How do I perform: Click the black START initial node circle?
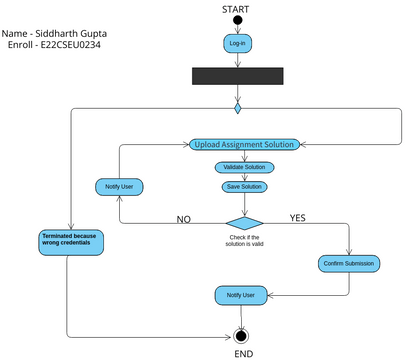pyautogui.click(x=238, y=20)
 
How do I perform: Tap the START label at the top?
pyautogui.click(x=238, y=7)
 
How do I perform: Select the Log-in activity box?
pyautogui.click(x=238, y=44)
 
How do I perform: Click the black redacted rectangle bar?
pyautogui.click(x=238, y=76)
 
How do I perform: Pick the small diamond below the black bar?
pyautogui.click(x=238, y=104)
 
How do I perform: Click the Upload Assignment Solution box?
pyautogui.click(x=243, y=144)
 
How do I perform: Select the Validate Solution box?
pyautogui.click(x=244, y=166)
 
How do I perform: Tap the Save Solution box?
pyautogui.click(x=244, y=187)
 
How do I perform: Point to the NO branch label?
pyautogui.click(x=184, y=218)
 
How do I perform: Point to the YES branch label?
pyautogui.click(x=298, y=217)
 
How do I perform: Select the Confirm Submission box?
pyautogui.click(x=347, y=263)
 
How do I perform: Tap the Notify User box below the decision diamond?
pyautogui.click(x=240, y=296)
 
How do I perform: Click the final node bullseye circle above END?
pyautogui.click(x=240, y=336)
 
